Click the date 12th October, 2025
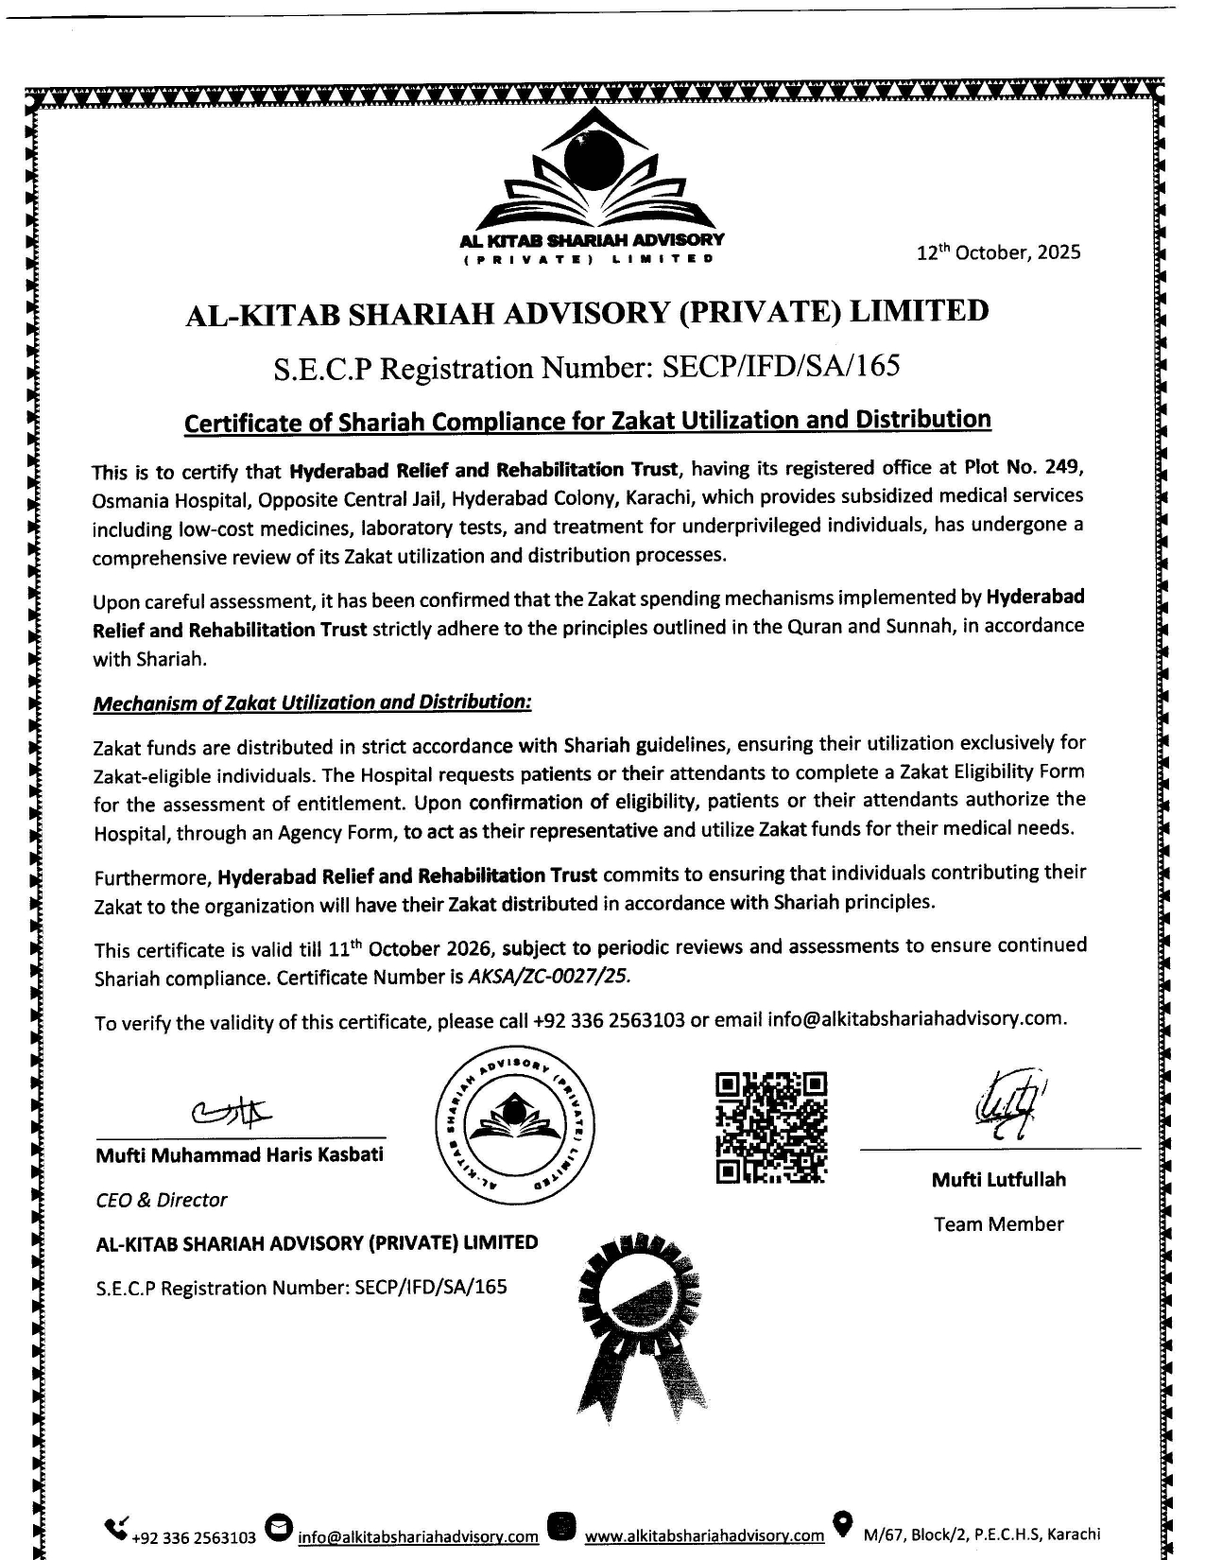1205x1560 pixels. pyautogui.click(x=998, y=253)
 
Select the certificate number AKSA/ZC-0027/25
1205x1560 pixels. pyautogui.click(x=548, y=977)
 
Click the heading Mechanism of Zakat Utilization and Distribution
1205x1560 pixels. pyautogui.click(x=313, y=702)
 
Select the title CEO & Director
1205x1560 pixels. pyautogui.click(x=162, y=1200)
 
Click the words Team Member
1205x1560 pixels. pyautogui.click(x=998, y=1224)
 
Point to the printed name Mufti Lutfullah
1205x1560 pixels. pyautogui.click(x=998, y=1179)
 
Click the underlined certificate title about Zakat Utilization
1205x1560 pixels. pyautogui.click(x=587, y=421)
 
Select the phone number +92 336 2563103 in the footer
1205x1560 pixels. pyautogui.click(x=195, y=1537)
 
